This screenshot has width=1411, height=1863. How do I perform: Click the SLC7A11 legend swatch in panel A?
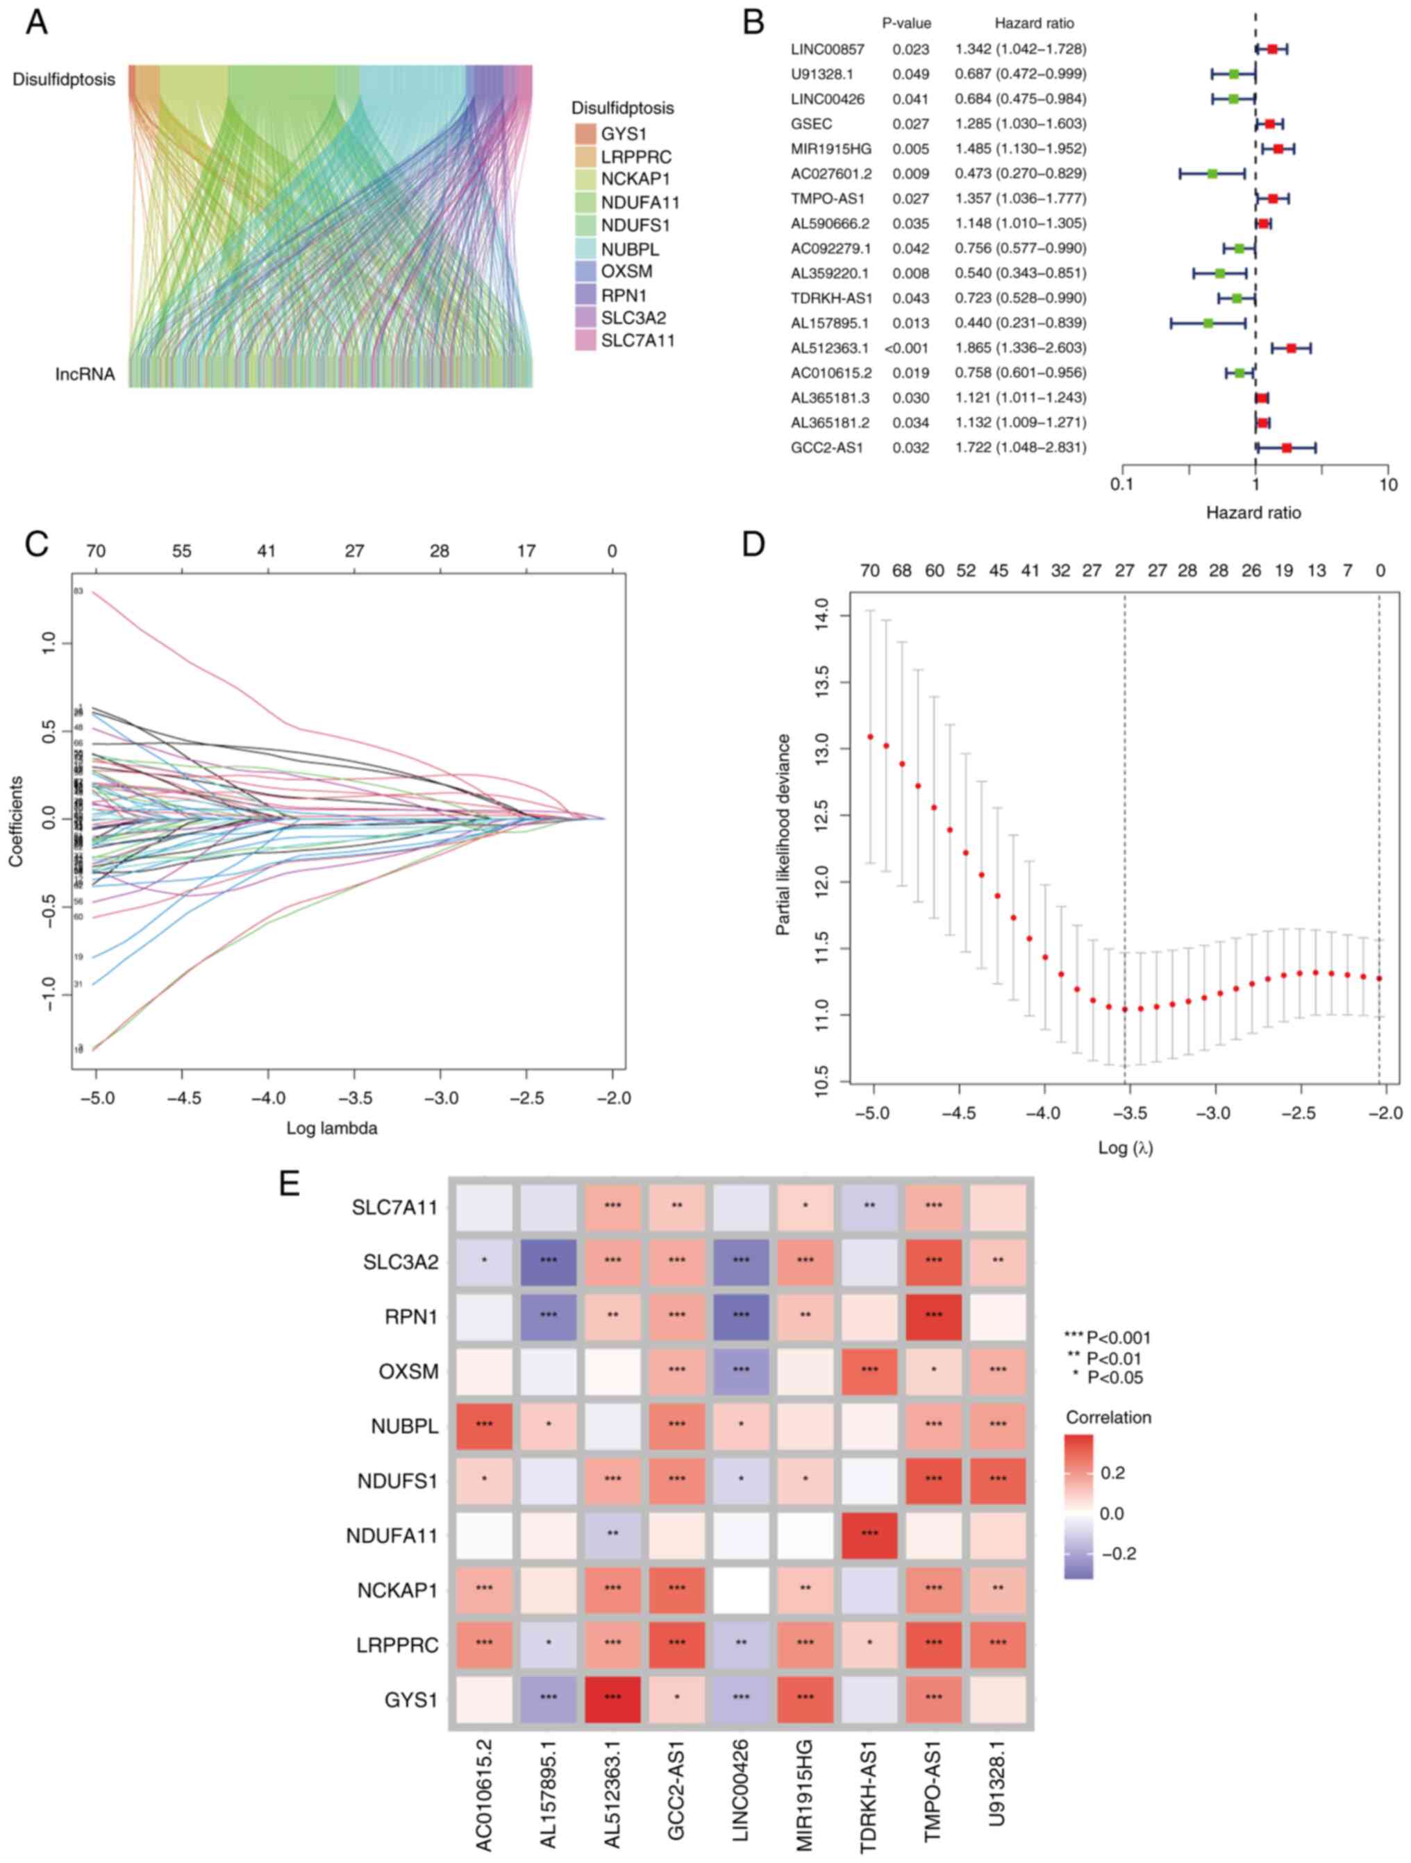click(x=585, y=340)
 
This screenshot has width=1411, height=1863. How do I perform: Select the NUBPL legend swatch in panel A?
click(x=585, y=249)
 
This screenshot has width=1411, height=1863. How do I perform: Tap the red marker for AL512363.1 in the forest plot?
click(x=1292, y=348)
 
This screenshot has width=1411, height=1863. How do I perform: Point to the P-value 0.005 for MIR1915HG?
click(x=910, y=149)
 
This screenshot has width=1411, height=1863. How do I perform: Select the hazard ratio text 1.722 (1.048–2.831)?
click(x=1020, y=447)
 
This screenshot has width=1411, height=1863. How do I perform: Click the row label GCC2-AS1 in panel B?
click(x=826, y=447)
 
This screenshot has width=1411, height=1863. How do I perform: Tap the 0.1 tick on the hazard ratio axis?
click(x=1121, y=485)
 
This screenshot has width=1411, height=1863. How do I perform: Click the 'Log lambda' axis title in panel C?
click(x=332, y=1128)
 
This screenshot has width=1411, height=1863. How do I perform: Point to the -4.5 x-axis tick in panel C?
click(x=182, y=1099)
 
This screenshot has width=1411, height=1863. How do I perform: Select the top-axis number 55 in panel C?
click(x=182, y=552)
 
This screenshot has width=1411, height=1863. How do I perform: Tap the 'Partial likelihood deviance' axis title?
click(x=783, y=834)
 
